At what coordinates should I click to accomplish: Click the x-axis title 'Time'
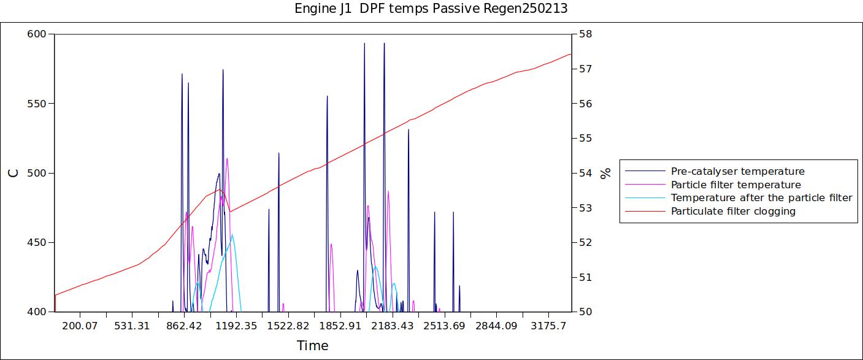pyautogui.click(x=313, y=346)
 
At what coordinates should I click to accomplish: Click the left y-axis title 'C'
pyautogui.click(x=13, y=173)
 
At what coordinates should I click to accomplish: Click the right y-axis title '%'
pyautogui.click(x=606, y=173)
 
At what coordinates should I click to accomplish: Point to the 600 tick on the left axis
pyautogui.click(x=37, y=34)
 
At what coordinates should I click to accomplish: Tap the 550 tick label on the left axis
pyautogui.click(x=37, y=104)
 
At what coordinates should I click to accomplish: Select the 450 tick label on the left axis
pyautogui.click(x=37, y=242)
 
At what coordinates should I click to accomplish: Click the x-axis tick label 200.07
pyautogui.click(x=80, y=325)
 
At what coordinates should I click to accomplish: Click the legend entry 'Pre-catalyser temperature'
pyautogui.click(x=737, y=171)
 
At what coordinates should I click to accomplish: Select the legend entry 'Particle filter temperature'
pyautogui.click(x=735, y=185)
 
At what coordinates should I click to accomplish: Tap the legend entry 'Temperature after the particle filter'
pyautogui.click(x=761, y=197)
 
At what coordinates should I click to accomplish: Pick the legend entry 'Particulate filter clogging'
pyautogui.click(x=733, y=211)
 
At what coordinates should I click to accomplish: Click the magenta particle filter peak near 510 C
pyautogui.click(x=227, y=159)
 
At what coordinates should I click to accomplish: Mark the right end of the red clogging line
pyautogui.click(x=571, y=54)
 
